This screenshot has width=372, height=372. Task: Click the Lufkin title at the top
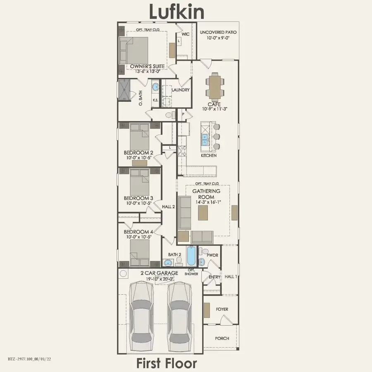[177, 12]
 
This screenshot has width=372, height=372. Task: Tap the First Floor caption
[167, 363]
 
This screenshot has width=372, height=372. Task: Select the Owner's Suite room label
[147, 67]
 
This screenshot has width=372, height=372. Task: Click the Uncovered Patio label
[218, 32]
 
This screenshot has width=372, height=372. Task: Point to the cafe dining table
[215, 86]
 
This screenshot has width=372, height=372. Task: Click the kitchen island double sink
[205, 140]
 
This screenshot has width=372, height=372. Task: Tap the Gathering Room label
[206, 194]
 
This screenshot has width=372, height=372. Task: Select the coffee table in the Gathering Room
[203, 213]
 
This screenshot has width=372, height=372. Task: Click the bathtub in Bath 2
[191, 256]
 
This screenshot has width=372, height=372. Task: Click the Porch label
[222, 338]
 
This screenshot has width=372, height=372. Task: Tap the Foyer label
[222, 309]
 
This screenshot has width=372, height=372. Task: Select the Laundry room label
[181, 90]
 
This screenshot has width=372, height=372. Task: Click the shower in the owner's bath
[124, 91]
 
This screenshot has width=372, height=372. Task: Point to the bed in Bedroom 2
[140, 137]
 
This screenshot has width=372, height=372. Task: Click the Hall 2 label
[169, 207]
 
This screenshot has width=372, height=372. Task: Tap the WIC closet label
[186, 34]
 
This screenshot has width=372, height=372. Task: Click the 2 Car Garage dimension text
[160, 279]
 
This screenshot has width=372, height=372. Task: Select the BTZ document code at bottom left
[29, 359]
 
